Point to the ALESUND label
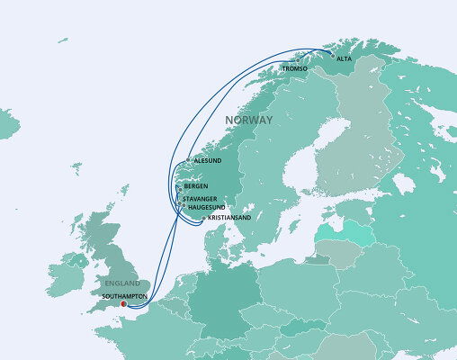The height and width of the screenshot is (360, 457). (208, 161)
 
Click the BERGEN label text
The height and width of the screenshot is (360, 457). (195, 186)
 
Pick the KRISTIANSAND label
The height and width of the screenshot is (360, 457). (228, 218)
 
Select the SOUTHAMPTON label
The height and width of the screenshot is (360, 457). (125, 294)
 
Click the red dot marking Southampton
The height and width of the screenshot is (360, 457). (123, 302)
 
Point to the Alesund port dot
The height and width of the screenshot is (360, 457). (188, 161)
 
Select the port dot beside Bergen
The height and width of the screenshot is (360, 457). (178, 186)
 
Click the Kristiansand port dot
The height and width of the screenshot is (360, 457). (202, 218)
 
